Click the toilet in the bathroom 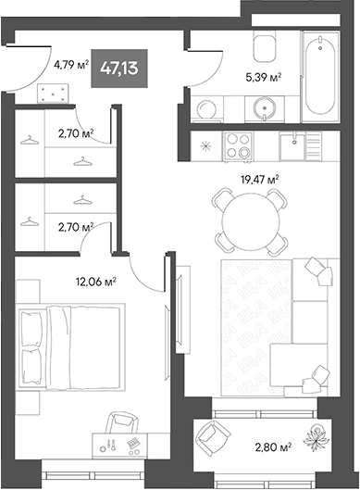click(266, 46)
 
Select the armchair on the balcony click(218, 439)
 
